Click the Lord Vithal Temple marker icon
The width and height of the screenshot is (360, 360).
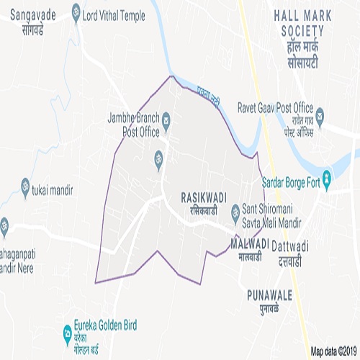coord(76,12)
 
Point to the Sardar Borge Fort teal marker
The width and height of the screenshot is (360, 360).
coord(326,176)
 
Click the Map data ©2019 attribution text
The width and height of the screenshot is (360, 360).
coord(334,351)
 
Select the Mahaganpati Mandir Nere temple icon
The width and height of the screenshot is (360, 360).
coord(4,225)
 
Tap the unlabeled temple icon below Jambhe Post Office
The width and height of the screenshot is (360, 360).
coord(158,158)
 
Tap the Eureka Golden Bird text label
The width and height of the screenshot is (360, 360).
coord(104,325)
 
